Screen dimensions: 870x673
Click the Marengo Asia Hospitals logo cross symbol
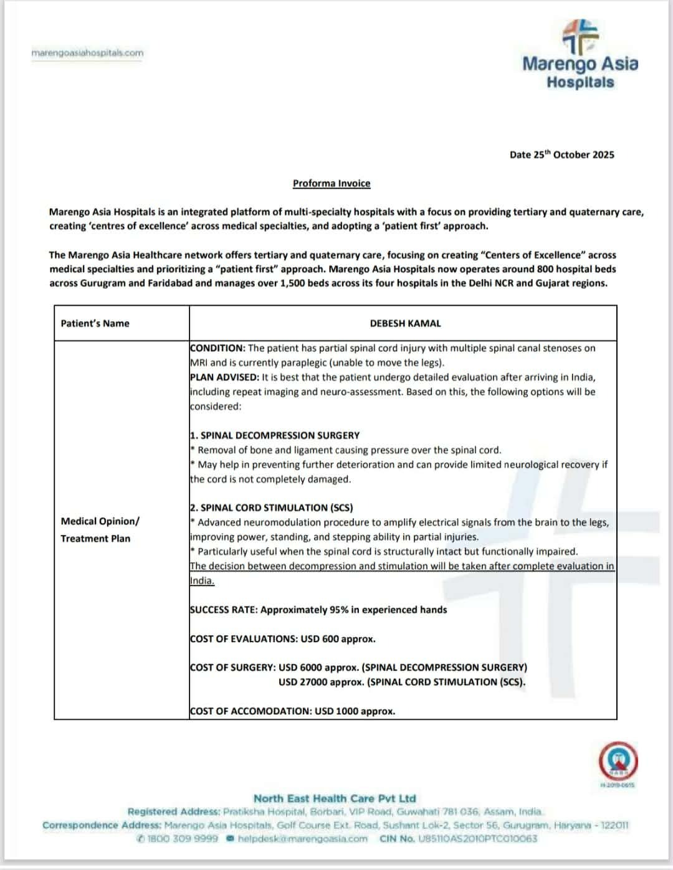coord(580,37)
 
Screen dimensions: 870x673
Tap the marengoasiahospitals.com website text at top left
coord(87,53)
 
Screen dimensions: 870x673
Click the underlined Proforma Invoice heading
coord(332,183)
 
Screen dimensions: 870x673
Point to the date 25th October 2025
coord(561,154)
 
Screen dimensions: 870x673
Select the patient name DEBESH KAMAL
coord(405,323)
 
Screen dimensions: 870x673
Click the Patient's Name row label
coord(95,323)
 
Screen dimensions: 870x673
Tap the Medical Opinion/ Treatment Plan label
coord(100,529)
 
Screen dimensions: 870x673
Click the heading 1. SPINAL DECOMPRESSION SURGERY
coord(275,435)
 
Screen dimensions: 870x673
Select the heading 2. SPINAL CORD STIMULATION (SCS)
coord(272,508)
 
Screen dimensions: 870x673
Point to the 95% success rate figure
coord(336,610)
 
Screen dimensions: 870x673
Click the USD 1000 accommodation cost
coord(336,711)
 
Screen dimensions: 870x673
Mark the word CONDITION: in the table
coord(218,348)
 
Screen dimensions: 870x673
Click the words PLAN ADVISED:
coord(224,377)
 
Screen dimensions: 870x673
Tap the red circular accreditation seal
coord(618,760)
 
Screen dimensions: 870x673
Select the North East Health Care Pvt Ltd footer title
coord(335,798)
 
